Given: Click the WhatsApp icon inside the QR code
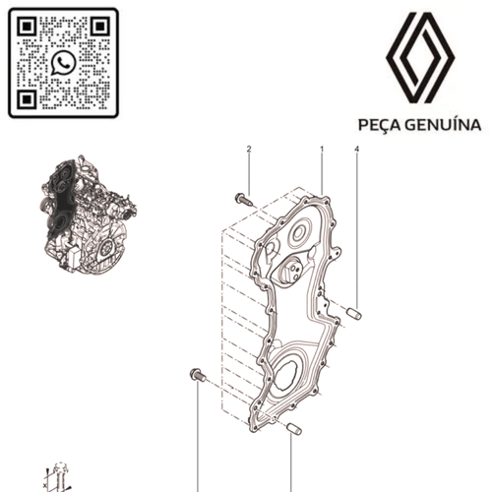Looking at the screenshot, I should click(x=63, y=63).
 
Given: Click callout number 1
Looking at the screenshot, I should click(x=321, y=149).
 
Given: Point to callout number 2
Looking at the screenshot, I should click(x=248, y=149).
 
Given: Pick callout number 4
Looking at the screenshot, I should click(x=356, y=149).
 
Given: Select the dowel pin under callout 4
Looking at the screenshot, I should click(x=354, y=314).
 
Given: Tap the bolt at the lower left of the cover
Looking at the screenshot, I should click(x=197, y=375).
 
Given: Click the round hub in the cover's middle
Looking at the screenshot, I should click(x=294, y=272).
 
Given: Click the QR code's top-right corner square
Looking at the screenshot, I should click(x=98, y=28).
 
